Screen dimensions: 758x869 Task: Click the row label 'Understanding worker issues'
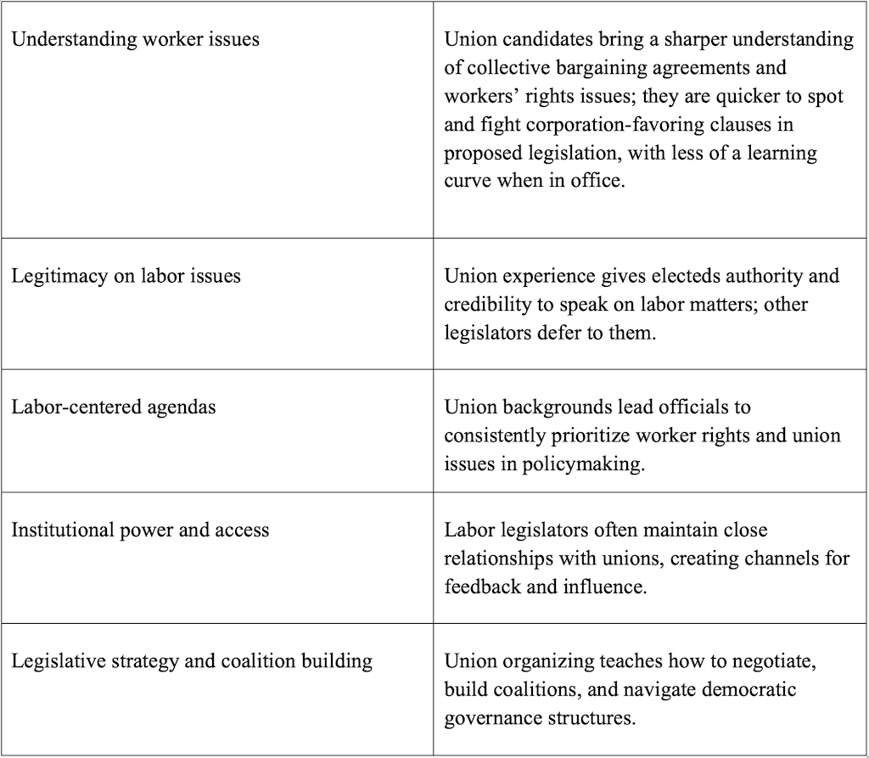135,39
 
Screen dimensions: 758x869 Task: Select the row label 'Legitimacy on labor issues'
126,276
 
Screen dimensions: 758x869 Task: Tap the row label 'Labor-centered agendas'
114,407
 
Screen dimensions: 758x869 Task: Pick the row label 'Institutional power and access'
140,531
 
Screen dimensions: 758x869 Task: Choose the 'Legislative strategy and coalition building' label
192,660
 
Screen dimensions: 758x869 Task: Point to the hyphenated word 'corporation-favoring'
599,125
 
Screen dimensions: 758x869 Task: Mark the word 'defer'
560,332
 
